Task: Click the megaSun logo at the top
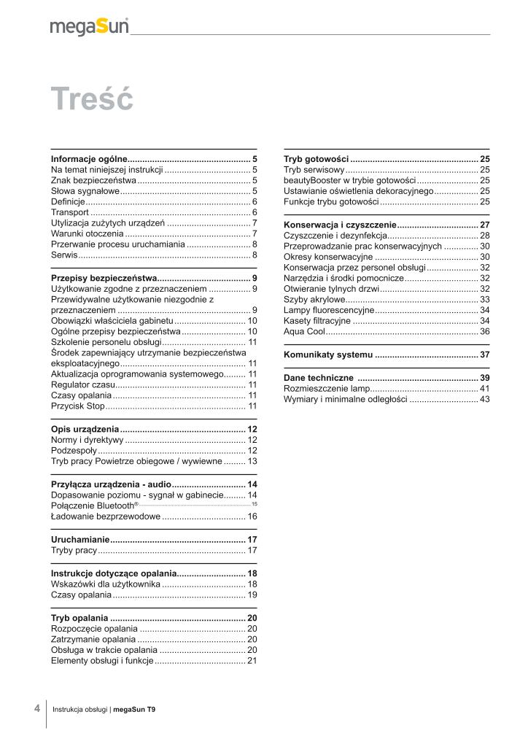pos(89,27)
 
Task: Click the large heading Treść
pos(92,99)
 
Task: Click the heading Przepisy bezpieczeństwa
pos(104,279)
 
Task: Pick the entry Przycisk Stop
pos(78,405)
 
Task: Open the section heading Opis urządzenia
pos(85,429)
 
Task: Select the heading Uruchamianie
pos(79,540)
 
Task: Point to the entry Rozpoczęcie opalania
pos(94,628)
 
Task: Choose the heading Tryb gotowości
pos(317,159)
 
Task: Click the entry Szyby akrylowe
pos(314,300)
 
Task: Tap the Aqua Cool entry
pos(304,331)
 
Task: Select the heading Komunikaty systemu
pos(327,355)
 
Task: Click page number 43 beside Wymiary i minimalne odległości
pos(484,400)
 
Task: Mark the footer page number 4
pos(36,708)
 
